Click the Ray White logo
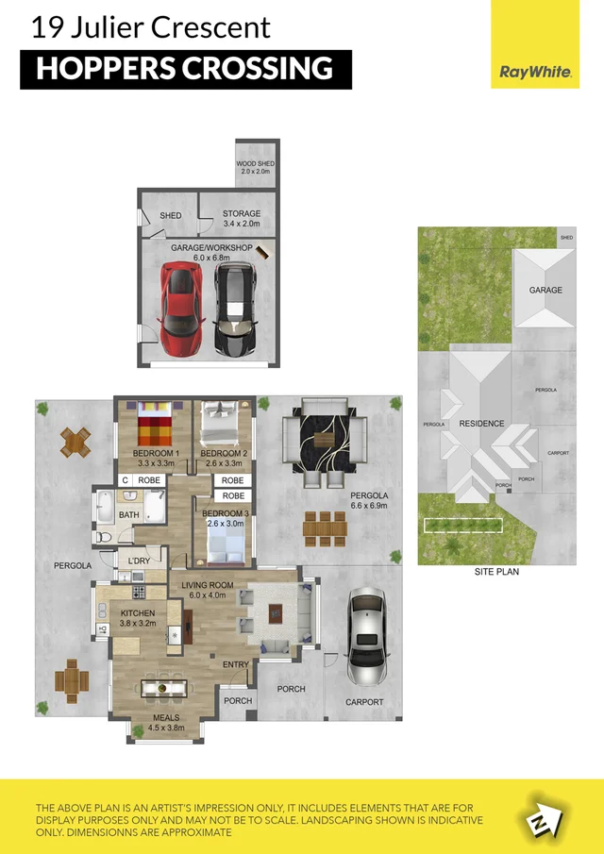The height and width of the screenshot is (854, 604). point(534,72)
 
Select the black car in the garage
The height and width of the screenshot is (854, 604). point(233,308)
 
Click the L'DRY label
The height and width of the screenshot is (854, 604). point(139,561)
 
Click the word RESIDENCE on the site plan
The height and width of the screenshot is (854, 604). point(481,424)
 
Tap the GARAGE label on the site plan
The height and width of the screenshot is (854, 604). point(545,291)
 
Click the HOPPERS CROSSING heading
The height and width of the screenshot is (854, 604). point(185,69)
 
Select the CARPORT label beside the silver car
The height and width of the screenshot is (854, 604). point(364,702)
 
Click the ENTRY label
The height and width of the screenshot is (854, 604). point(236,665)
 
